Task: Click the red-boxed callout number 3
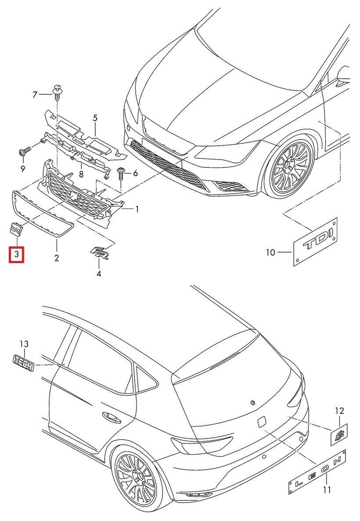[17, 254]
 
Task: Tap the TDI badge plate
[315, 241]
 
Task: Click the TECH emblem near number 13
[23, 363]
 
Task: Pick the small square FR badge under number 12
[338, 434]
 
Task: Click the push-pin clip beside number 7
[57, 90]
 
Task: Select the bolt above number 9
[24, 152]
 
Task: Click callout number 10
[270, 252]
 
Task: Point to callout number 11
[326, 489]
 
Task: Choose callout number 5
[95, 118]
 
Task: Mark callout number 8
[81, 174]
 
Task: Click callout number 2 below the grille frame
[57, 258]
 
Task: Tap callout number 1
[137, 210]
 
